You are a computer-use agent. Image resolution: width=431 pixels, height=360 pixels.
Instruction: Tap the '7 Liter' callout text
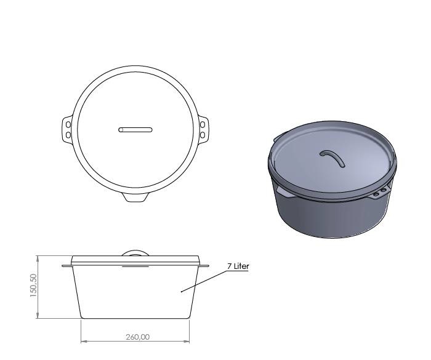click(x=238, y=266)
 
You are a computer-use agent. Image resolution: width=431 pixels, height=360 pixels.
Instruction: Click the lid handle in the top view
click(x=135, y=129)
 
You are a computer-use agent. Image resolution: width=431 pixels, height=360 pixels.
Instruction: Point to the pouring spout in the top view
click(x=135, y=197)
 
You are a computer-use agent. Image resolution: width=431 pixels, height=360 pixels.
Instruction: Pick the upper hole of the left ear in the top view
click(x=68, y=125)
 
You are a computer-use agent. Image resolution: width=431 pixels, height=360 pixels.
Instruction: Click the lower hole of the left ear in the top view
click(x=68, y=134)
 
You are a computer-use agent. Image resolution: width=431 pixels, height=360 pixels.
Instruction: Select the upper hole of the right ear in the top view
click(x=202, y=125)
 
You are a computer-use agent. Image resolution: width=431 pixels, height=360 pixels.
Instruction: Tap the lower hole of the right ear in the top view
click(x=202, y=134)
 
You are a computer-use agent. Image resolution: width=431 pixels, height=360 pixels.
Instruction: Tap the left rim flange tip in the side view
click(x=63, y=266)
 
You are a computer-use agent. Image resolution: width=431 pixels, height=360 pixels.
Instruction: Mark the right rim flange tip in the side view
click(x=207, y=266)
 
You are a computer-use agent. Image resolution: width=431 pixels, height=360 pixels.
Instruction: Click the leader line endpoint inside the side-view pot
click(x=181, y=292)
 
